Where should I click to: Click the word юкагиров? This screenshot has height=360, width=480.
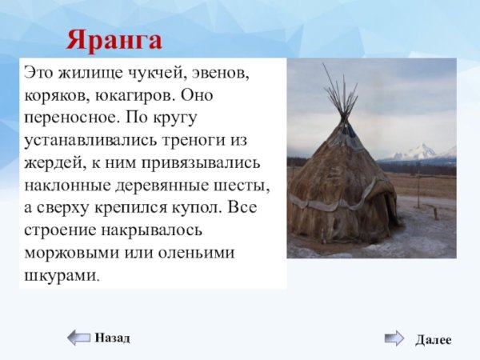point(135,95)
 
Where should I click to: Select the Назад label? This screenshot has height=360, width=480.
point(112,338)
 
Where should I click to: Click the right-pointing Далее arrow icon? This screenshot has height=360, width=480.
point(394,338)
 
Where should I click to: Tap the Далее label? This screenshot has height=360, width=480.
point(433,339)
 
